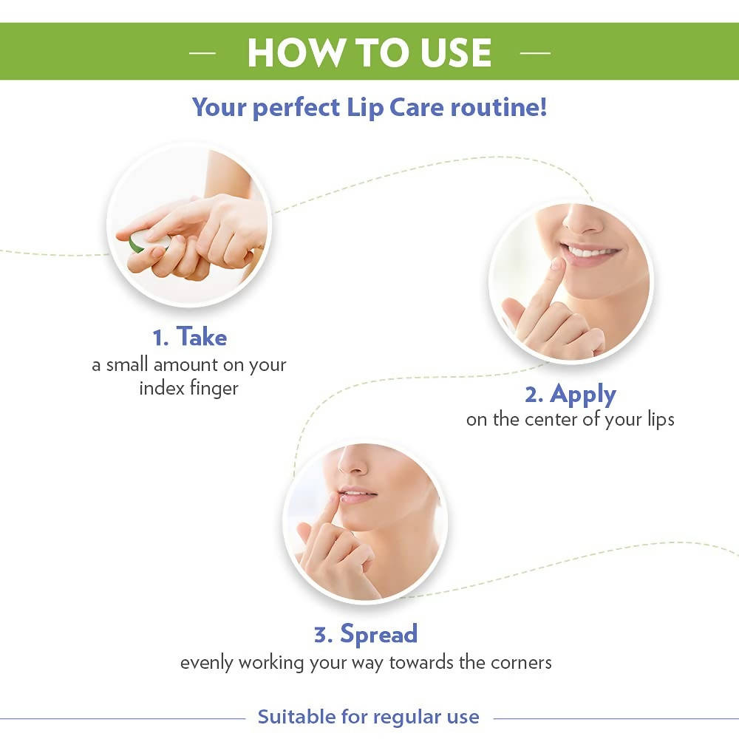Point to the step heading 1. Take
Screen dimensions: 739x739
pos(189,338)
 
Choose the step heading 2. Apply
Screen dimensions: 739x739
pos(570,394)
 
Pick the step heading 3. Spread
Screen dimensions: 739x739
pos(366,634)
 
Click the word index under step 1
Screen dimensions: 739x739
pos(162,388)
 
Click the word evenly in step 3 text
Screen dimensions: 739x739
pos(205,662)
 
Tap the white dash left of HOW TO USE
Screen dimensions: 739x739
pos(202,53)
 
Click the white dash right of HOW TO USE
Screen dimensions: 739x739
pos(535,53)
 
